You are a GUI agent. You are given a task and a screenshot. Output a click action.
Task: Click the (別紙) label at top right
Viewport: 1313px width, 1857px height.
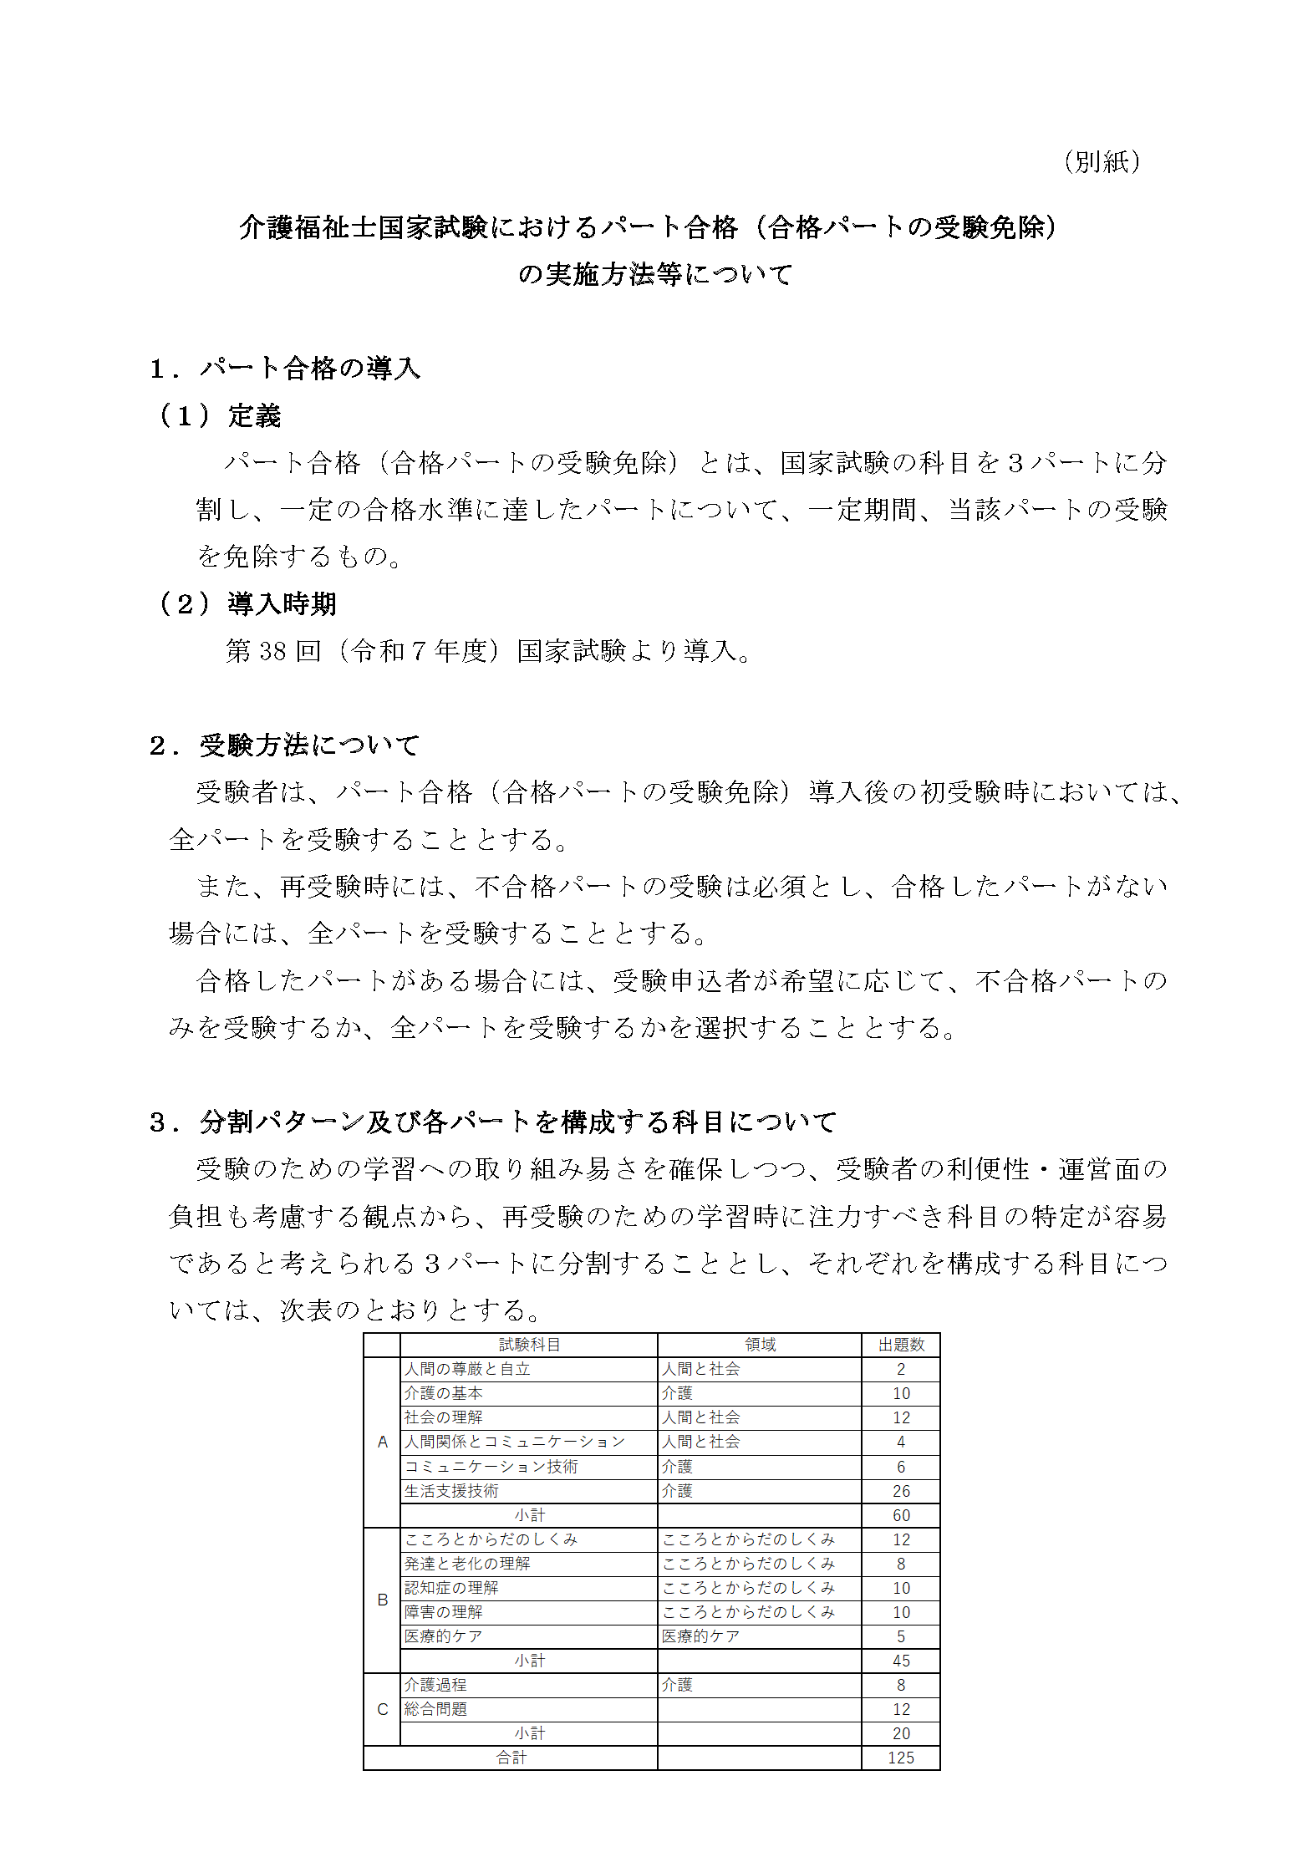[x=1102, y=162]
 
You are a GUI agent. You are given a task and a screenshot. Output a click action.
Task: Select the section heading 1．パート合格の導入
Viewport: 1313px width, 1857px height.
[x=285, y=368]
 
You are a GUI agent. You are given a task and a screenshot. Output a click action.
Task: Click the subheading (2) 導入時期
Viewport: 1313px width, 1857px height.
[x=248, y=603]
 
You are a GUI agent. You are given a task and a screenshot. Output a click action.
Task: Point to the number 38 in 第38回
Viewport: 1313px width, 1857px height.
[x=273, y=651]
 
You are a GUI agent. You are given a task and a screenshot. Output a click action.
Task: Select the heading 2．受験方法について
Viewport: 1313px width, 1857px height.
[x=285, y=745]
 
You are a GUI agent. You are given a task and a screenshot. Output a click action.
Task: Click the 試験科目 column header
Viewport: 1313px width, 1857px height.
[x=529, y=1345]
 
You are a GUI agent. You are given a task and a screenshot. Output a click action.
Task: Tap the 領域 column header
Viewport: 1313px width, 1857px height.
[x=760, y=1345]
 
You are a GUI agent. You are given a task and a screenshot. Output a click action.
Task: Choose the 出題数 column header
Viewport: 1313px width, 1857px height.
[x=901, y=1345]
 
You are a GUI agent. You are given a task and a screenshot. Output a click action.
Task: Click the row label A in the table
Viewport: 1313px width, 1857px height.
[x=383, y=1442]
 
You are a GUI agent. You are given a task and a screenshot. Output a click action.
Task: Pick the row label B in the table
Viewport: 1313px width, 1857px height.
[x=383, y=1600]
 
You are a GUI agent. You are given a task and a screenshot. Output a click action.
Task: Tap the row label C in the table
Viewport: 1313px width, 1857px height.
[x=383, y=1709]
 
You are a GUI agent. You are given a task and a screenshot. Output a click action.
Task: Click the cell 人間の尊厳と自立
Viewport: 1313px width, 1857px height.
[x=467, y=1369]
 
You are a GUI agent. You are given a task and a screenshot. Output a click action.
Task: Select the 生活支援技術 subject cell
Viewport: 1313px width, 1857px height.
[x=451, y=1491]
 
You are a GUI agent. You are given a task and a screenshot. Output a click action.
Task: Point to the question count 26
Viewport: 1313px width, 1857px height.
[x=901, y=1491]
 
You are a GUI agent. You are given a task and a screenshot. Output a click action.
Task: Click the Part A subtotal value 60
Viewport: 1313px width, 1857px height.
[x=901, y=1515]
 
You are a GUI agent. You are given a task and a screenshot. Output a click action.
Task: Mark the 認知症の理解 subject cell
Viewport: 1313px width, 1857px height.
[x=451, y=1588]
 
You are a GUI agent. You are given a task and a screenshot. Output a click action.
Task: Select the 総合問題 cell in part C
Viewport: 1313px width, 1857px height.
[x=435, y=1709]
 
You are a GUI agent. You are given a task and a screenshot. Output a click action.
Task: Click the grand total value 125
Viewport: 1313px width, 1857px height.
[x=901, y=1758]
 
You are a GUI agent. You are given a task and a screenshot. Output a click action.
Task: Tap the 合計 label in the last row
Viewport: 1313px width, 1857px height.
[x=511, y=1758]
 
